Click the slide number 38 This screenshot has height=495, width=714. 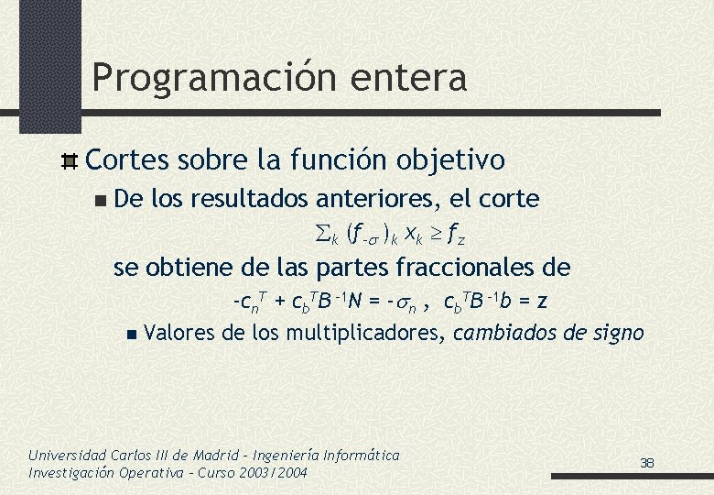coord(647,463)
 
